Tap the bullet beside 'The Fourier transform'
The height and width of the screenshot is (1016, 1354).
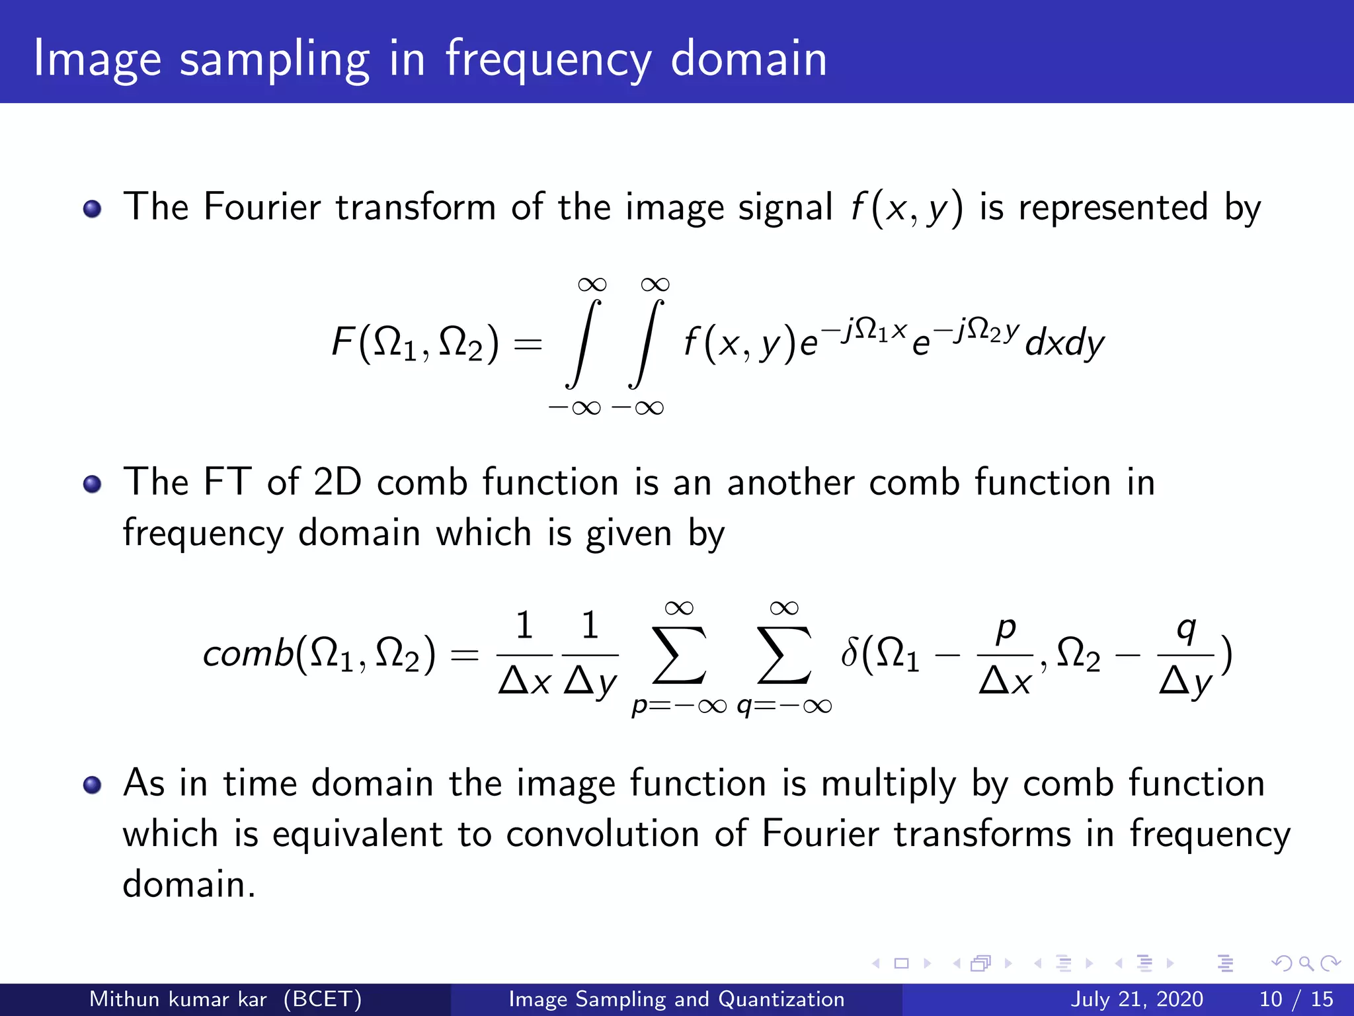(x=93, y=210)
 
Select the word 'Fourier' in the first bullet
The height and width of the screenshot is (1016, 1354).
(x=262, y=206)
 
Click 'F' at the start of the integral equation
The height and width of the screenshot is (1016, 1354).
(x=343, y=343)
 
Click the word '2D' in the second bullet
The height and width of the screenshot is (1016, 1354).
(x=337, y=482)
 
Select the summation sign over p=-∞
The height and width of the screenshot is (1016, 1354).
(x=679, y=655)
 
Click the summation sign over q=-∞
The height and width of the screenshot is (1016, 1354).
(x=784, y=655)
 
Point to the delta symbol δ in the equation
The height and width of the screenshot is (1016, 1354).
(x=850, y=654)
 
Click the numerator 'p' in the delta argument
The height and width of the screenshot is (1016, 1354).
(x=1006, y=628)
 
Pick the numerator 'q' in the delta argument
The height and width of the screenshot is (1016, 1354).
(x=1186, y=628)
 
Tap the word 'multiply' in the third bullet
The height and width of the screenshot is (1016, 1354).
(x=889, y=784)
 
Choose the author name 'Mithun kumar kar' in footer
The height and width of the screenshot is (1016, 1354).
(x=178, y=999)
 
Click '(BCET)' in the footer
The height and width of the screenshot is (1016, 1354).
(x=323, y=999)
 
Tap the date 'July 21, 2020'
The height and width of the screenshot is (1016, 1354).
(x=1136, y=999)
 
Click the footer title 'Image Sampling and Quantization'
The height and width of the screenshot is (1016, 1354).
(x=676, y=999)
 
